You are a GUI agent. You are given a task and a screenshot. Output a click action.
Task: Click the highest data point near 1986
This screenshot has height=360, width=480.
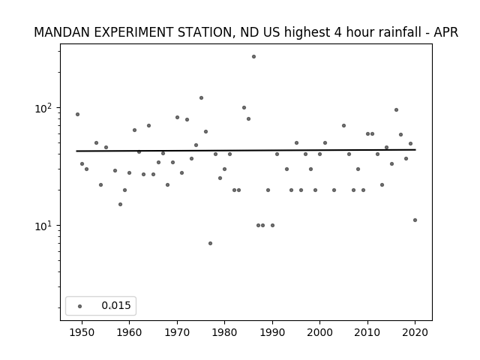click(253, 57)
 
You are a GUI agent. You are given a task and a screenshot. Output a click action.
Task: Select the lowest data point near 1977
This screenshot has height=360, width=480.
click(210, 243)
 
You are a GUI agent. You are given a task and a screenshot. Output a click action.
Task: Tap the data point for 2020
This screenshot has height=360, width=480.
click(415, 220)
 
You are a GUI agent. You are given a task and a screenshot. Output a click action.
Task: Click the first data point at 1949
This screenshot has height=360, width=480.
click(77, 115)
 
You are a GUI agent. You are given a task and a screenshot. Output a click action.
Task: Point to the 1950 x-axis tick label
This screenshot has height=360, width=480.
click(82, 332)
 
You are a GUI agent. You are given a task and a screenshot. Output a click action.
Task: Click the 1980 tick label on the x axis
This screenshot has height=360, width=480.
click(225, 332)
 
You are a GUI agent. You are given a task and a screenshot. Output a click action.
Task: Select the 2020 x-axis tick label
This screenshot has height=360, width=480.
click(415, 332)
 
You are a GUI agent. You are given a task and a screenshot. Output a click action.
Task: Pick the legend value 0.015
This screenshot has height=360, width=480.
click(116, 305)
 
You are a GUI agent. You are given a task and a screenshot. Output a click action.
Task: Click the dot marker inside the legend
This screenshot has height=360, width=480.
click(79, 306)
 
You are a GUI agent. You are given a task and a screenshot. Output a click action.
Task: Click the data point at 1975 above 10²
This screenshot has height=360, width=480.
click(201, 98)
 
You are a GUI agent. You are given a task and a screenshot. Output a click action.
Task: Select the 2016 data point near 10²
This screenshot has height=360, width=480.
click(396, 110)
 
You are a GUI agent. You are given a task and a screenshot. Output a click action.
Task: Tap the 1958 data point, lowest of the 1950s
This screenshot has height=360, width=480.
click(120, 204)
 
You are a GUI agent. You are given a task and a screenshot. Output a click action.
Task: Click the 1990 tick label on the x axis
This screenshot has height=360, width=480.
click(272, 332)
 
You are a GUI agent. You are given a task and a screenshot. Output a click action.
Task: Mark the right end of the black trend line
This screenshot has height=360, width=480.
click(415, 150)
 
